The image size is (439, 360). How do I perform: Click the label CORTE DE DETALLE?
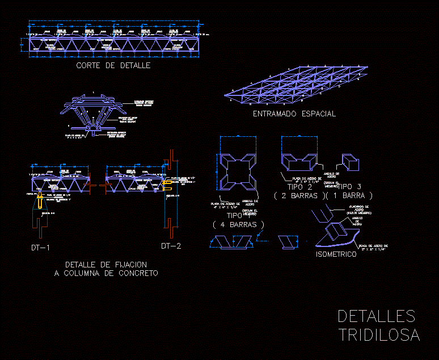113,65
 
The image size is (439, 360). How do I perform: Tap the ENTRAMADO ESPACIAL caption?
294,114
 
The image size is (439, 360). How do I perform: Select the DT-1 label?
41,248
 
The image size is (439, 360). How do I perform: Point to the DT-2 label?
171,246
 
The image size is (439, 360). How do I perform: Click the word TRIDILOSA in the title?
379,335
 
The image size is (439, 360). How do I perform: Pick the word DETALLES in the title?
377,316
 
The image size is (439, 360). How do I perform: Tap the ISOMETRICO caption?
336,254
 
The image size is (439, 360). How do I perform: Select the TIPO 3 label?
352,187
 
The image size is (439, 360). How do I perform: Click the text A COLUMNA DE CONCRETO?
106,274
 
